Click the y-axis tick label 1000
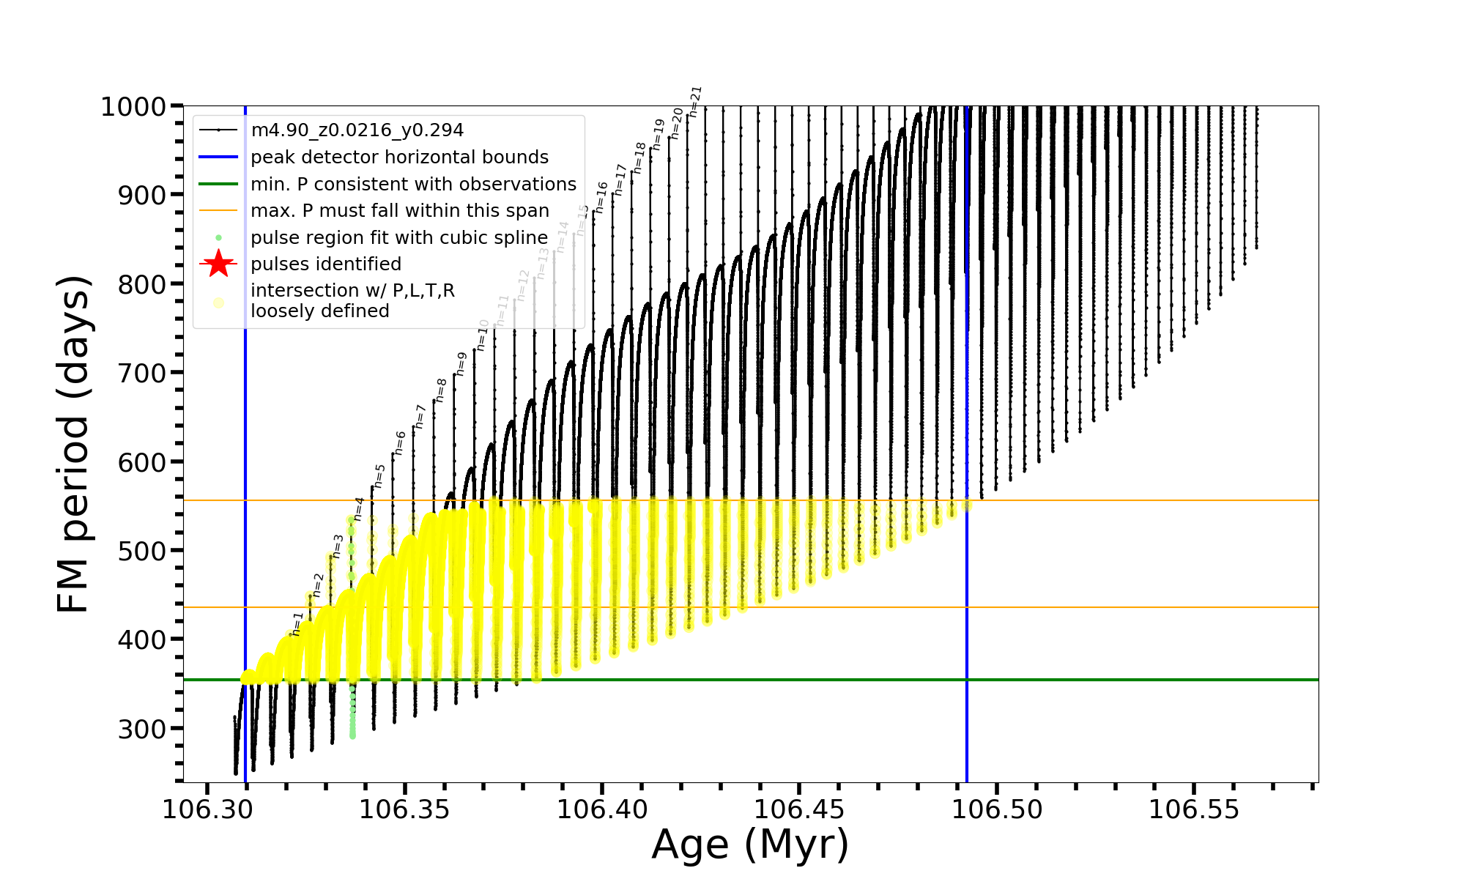click(133, 107)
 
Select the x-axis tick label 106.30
click(207, 809)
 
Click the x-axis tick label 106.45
click(799, 809)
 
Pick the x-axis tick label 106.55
click(1194, 809)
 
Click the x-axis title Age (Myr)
click(750, 845)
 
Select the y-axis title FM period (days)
click(74, 444)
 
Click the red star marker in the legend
click(218, 264)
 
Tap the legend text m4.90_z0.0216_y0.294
click(357, 130)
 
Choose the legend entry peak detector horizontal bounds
click(399, 157)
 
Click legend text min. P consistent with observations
click(413, 184)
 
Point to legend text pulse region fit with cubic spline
click(399, 237)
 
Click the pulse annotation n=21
click(696, 102)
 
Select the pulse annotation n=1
click(297, 624)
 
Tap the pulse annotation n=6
click(400, 442)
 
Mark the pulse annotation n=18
click(639, 157)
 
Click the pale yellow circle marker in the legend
click(218, 303)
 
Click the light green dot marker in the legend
click(218, 237)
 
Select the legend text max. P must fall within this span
click(399, 211)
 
